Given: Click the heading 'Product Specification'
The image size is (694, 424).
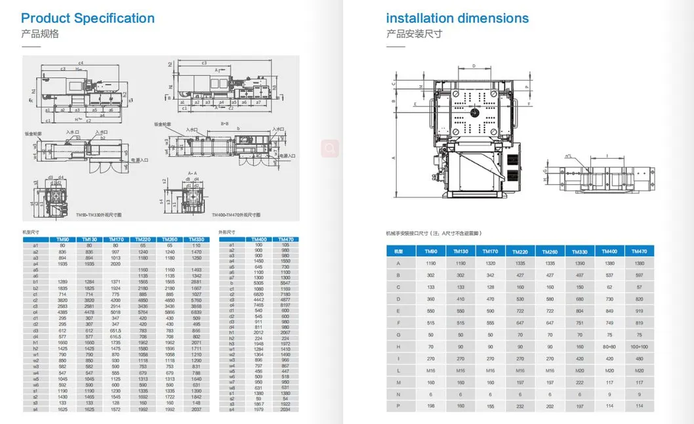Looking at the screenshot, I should [x=88, y=18].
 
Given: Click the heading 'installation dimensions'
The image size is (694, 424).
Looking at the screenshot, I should [x=457, y=18].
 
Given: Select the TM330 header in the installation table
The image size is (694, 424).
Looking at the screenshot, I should [x=580, y=251].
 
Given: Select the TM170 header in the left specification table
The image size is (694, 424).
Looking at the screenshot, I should [x=115, y=240].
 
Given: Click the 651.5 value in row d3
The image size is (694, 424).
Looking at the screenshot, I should [x=115, y=331].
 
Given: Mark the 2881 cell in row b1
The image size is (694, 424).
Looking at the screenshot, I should [x=196, y=282].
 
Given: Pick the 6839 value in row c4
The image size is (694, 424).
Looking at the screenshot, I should [x=196, y=312].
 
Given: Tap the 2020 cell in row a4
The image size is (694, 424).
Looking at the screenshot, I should [x=115, y=263].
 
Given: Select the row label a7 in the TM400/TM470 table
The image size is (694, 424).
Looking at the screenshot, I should [x=232, y=278].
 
